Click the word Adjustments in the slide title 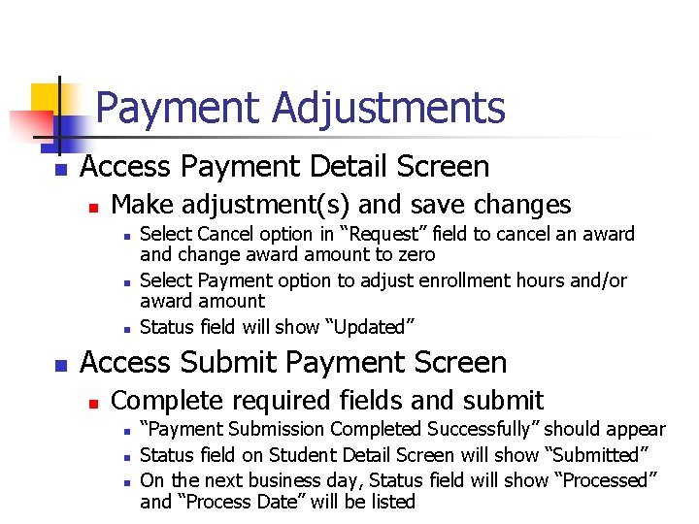[388, 108]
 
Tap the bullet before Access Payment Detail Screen [60, 170]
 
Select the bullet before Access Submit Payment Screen [60, 366]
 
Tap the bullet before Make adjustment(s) [93, 207]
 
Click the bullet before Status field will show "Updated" [127, 328]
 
